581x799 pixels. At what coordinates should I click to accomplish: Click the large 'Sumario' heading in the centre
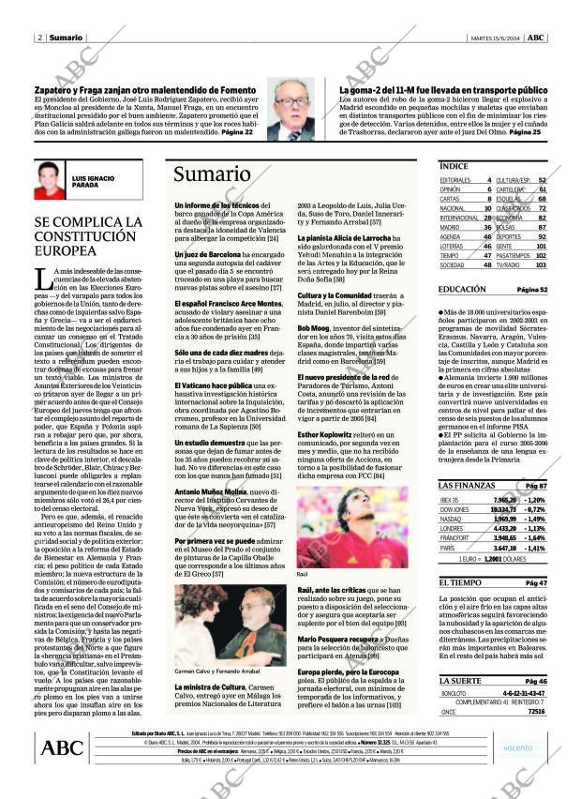pyautogui.click(x=213, y=175)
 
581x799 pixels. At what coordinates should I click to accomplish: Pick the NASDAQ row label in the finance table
pyautogui.click(x=450, y=518)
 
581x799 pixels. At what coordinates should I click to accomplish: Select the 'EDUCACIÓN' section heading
pyautogui.click(x=462, y=290)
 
